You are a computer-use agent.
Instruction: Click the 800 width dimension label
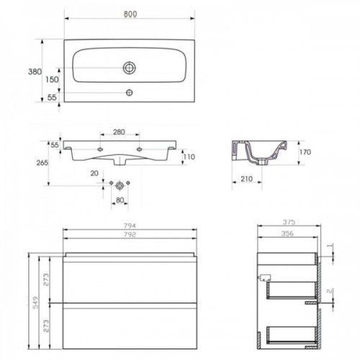[x=130, y=14]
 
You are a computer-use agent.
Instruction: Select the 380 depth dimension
[x=35, y=71]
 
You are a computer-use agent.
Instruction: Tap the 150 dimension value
[x=52, y=79]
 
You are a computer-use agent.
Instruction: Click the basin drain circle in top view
[x=130, y=68]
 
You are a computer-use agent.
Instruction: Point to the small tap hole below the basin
[x=130, y=92]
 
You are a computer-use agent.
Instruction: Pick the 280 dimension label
[x=119, y=132]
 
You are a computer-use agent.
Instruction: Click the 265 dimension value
[x=42, y=163]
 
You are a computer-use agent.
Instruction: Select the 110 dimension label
[x=189, y=157]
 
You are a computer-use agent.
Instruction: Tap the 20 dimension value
[x=94, y=173]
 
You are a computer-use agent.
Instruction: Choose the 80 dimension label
[x=120, y=200]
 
